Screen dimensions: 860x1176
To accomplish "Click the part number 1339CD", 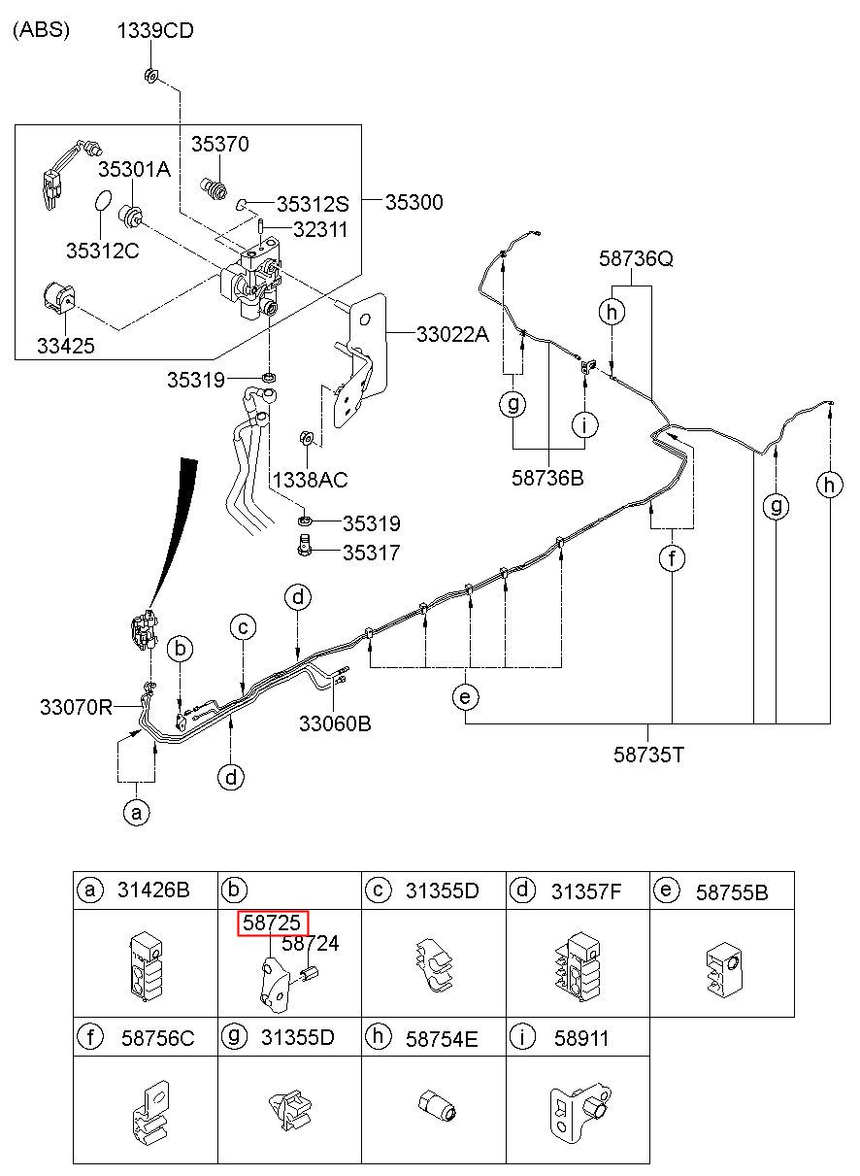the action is click(155, 30).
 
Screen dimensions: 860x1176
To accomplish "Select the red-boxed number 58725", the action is click(272, 923).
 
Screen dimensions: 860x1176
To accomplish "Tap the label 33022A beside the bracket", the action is click(452, 334).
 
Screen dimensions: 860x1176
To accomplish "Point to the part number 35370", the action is click(220, 144).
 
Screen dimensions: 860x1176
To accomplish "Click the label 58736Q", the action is click(636, 258).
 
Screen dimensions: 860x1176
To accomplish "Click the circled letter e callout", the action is click(465, 697).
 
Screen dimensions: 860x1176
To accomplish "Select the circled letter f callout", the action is click(672, 558).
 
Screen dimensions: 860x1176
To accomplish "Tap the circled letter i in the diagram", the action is click(584, 423).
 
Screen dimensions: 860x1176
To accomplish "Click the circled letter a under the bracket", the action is click(137, 813).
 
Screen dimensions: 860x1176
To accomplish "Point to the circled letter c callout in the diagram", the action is click(243, 627).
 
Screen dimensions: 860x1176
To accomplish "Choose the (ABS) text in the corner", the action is click(41, 29).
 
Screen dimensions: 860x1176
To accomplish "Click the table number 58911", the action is click(581, 1038).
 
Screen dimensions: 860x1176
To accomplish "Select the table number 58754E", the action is click(442, 1038).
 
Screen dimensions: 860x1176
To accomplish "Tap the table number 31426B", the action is click(153, 890).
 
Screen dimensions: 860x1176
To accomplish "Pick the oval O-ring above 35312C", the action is click(103, 200).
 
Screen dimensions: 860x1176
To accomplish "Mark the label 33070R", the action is click(76, 707).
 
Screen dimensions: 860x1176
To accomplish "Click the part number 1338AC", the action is click(310, 480).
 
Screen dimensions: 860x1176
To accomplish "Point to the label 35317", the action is click(372, 553).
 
